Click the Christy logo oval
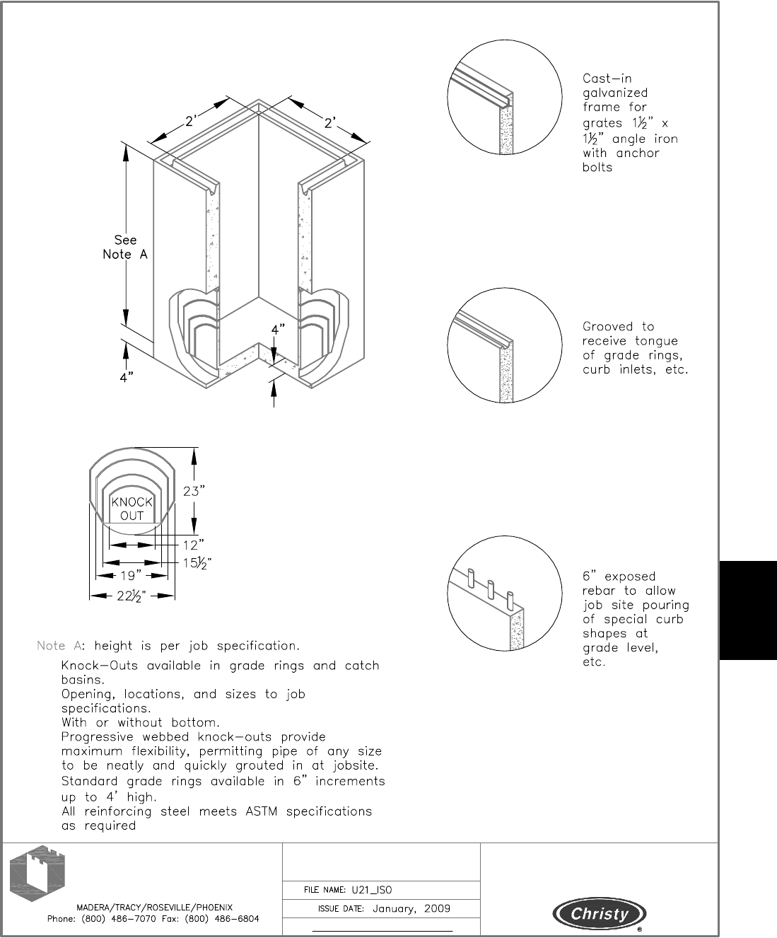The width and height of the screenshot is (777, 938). pyautogui.click(x=600, y=914)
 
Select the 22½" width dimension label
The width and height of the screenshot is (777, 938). pyautogui.click(x=132, y=596)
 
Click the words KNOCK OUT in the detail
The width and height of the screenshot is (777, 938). pyautogui.click(x=132, y=509)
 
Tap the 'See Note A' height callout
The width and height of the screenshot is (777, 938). pyautogui.click(x=125, y=247)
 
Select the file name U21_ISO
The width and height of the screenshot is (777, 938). pyautogui.click(x=376, y=890)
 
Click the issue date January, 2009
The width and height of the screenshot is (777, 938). pyautogui.click(x=411, y=909)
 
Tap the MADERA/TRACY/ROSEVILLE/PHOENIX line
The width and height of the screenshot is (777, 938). pyautogui.click(x=154, y=907)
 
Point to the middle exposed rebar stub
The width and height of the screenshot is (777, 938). pyautogui.click(x=490, y=588)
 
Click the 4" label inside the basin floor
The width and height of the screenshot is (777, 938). pyautogui.click(x=278, y=329)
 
